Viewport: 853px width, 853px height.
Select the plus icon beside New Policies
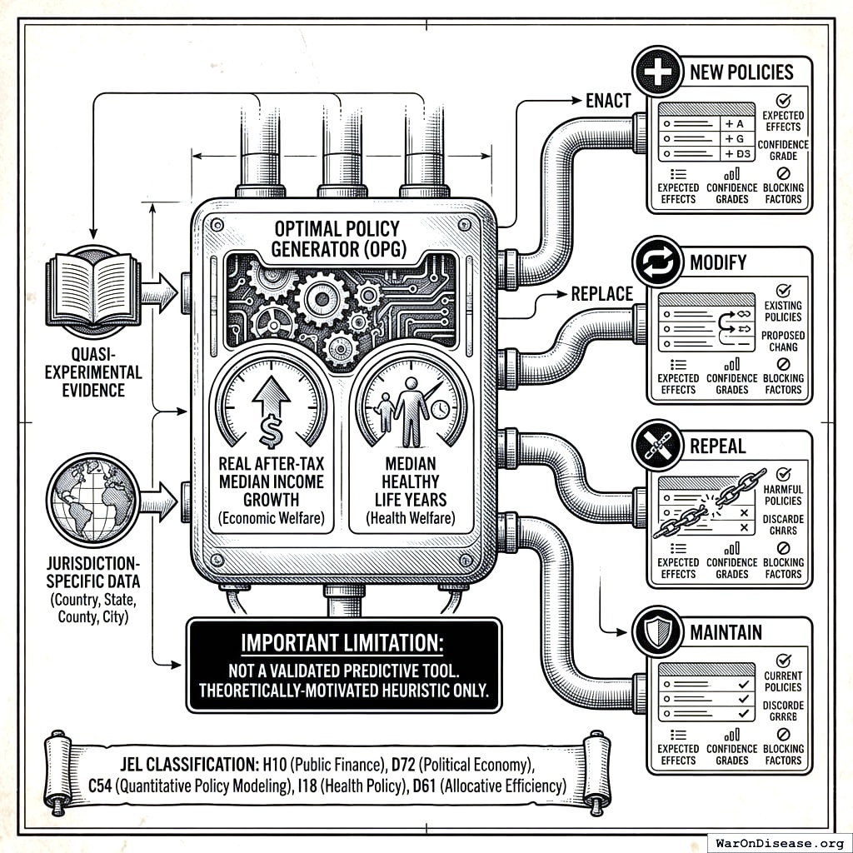(659, 72)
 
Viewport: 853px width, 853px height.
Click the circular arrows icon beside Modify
(659, 262)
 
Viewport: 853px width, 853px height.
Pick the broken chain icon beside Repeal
(659, 447)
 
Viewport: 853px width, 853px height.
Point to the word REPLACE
(601, 293)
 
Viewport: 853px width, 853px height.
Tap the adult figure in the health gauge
(411, 410)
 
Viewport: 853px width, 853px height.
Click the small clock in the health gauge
(440, 410)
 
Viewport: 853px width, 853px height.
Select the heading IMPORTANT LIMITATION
(344, 644)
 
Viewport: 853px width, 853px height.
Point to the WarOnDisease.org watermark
(779, 841)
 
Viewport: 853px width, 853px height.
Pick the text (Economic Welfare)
(271, 519)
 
